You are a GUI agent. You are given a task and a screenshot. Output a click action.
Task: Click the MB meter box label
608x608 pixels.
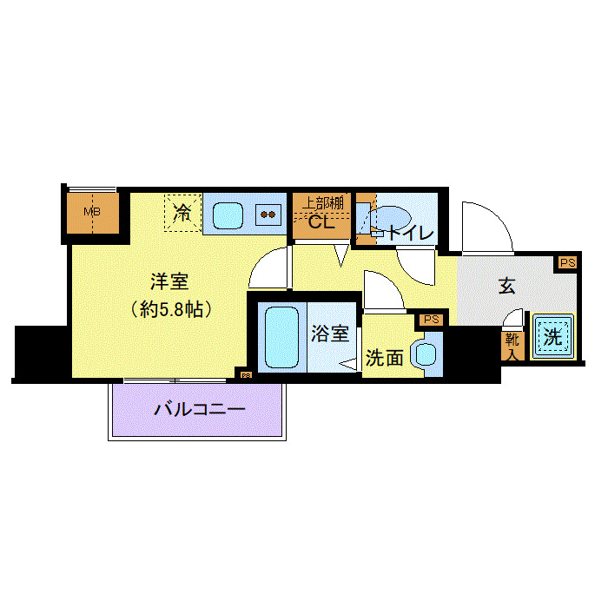[89, 212]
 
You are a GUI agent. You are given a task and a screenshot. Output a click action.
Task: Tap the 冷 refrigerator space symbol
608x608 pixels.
[182, 211]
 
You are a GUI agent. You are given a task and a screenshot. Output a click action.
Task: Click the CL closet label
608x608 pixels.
[321, 224]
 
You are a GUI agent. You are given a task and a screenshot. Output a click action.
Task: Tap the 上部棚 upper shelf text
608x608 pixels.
[321, 202]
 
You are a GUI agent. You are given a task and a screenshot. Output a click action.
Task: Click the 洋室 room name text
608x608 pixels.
[169, 282]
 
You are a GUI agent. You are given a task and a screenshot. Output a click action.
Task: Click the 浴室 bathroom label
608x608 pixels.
[331, 333]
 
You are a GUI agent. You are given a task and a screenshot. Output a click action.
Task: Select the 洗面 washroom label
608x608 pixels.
[384, 357]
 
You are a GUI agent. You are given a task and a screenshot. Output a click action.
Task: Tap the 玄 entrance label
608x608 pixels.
[507, 286]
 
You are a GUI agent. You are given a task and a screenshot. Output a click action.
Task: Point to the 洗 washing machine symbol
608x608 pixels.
[553, 337]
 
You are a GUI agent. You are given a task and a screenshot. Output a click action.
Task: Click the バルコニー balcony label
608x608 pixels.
[200, 408]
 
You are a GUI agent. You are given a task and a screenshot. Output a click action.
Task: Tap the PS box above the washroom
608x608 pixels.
[432, 320]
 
